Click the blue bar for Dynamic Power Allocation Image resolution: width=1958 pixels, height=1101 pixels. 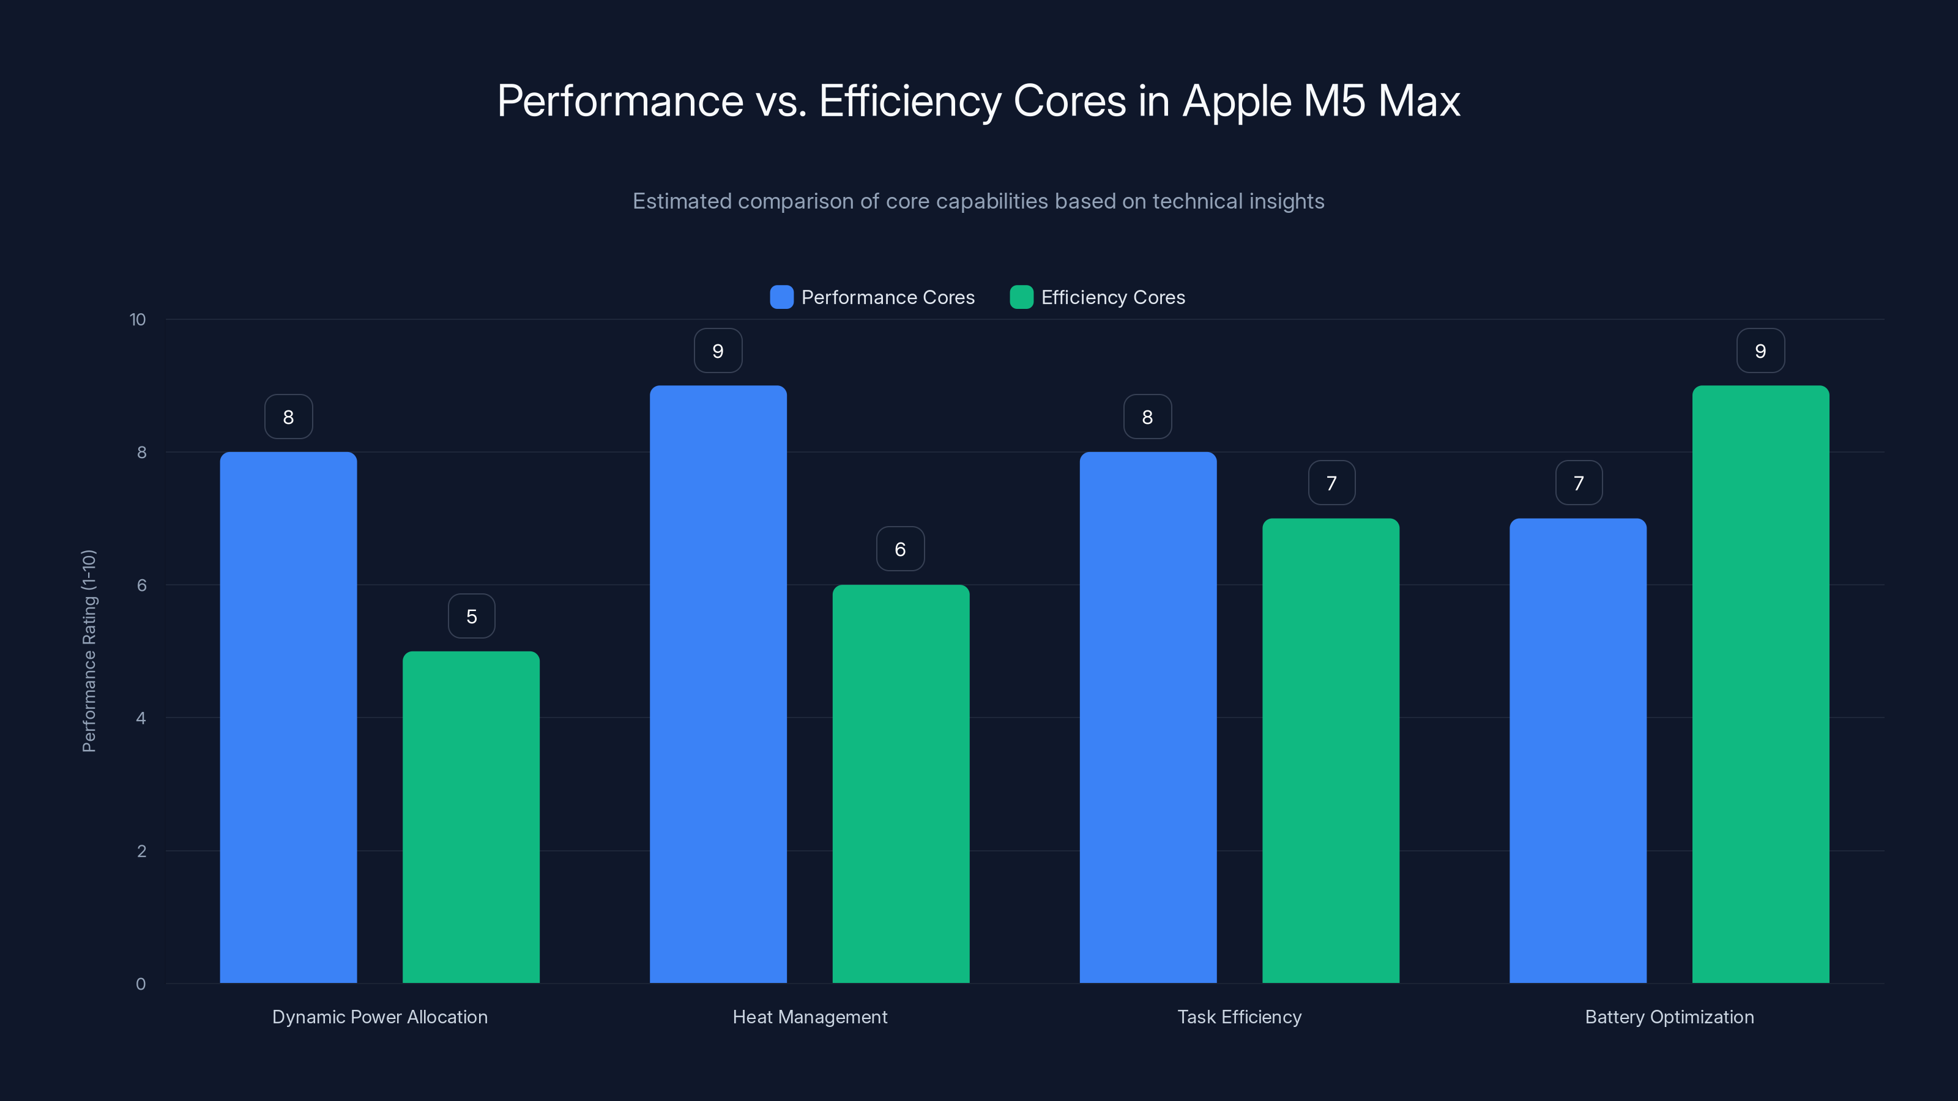(x=288, y=717)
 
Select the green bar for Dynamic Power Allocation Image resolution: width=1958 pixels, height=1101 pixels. (x=471, y=817)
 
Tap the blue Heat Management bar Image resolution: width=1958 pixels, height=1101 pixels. (x=718, y=684)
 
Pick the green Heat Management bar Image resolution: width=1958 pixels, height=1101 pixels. (x=901, y=784)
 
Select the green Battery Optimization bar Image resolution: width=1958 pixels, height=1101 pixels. (x=1760, y=684)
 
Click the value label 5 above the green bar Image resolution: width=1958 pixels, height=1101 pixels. (x=471, y=616)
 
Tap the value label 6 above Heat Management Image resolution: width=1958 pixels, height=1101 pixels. (x=900, y=549)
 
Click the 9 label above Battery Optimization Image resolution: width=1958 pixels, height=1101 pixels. (x=1760, y=351)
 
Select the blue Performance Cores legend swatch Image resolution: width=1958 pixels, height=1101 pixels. (x=781, y=297)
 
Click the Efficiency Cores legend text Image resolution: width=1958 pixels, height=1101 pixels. (x=1113, y=297)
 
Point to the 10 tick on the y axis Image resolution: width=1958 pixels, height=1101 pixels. (x=138, y=319)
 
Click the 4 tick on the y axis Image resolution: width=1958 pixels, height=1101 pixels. (x=141, y=718)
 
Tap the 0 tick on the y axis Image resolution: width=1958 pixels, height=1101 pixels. (x=141, y=984)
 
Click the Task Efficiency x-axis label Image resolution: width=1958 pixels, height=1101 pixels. (x=1239, y=1017)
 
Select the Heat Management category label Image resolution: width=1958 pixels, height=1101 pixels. (x=810, y=1017)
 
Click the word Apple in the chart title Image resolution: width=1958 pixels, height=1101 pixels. (x=1237, y=101)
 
